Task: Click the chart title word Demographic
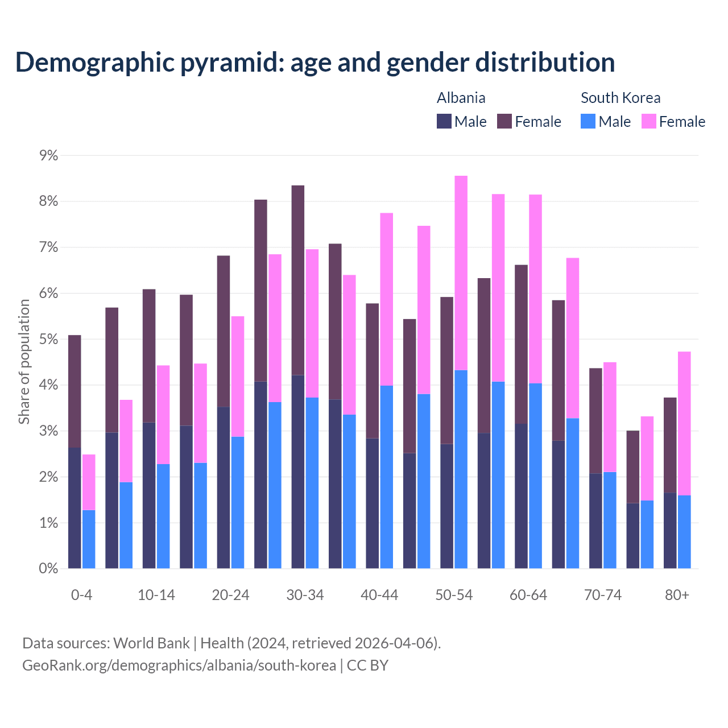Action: click(x=93, y=62)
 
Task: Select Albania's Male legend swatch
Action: click(x=444, y=121)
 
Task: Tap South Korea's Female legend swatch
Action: click(x=648, y=121)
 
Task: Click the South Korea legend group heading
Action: click(x=621, y=98)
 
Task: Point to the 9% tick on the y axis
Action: click(x=48, y=155)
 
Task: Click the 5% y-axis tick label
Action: click(x=48, y=340)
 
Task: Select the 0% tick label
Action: click(x=48, y=569)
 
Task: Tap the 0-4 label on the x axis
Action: click(x=81, y=595)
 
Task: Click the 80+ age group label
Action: click(x=677, y=595)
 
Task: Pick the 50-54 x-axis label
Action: click(x=454, y=595)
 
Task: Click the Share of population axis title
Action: click(x=24, y=362)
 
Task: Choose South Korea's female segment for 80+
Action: click(x=684, y=423)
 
